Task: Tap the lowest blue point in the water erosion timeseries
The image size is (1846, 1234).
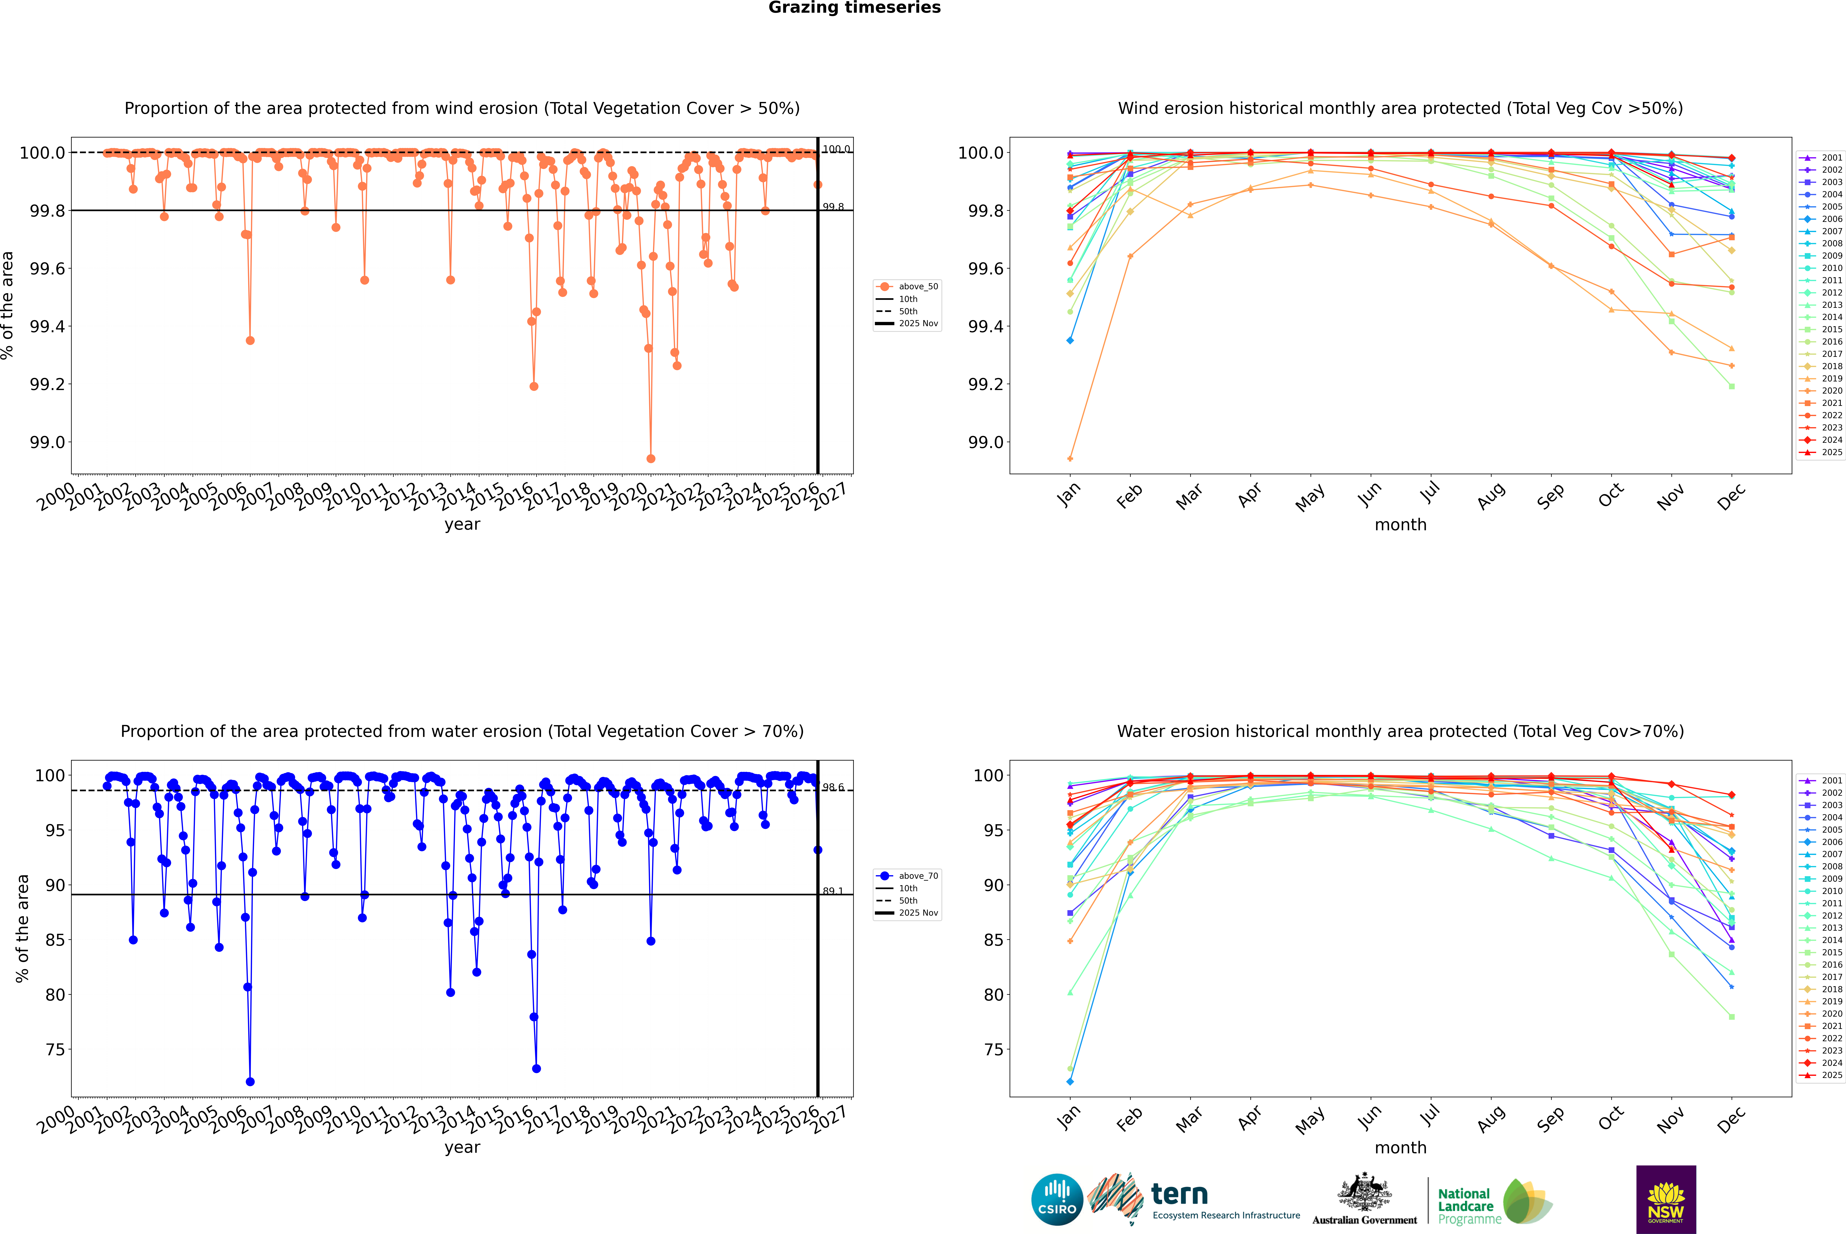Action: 250,1081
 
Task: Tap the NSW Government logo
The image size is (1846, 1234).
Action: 1666,1199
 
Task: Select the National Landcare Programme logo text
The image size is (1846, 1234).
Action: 1465,1206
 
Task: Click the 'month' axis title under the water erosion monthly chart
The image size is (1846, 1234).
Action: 1400,1147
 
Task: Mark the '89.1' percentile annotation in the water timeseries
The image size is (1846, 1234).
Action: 832,891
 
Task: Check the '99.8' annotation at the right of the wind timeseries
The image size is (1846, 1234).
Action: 832,207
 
